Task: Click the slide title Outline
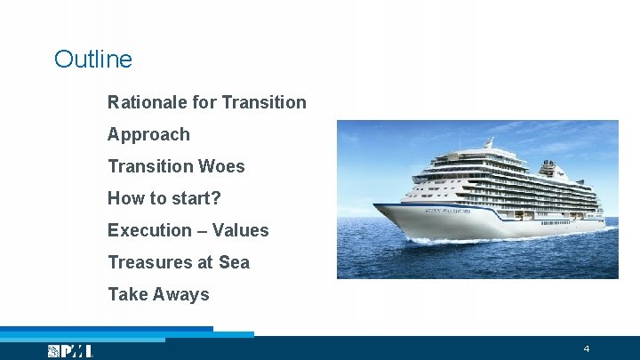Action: tap(92, 60)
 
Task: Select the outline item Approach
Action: tap(148, 134)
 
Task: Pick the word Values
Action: tap(240, 230)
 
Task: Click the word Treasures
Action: tap(146, 262)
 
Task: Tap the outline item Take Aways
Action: tap(158, 294)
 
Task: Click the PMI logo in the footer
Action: tap(70, 351)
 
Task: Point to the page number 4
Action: tap(587, 348)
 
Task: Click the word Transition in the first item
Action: tap(264, 102)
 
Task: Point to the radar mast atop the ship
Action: tap(488, 142)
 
